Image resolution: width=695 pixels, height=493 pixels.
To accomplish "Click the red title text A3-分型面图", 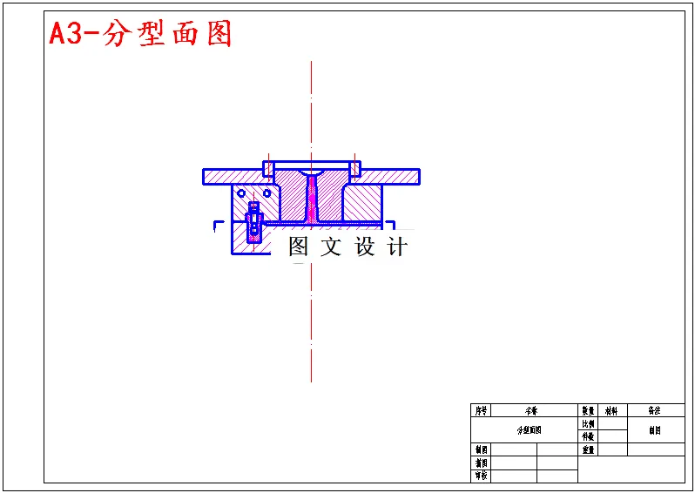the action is (x=140, y=34).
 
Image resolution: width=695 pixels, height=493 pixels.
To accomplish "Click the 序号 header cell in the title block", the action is (x=482, y=410).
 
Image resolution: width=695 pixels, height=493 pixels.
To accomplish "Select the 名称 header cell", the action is (x=530, y=410).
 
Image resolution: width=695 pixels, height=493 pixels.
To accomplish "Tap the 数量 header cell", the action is (x=588, y=410).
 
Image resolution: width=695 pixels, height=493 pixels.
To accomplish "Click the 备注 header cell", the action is (x=654, y=410).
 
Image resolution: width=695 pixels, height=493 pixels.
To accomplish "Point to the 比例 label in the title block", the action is (x=588, y=423).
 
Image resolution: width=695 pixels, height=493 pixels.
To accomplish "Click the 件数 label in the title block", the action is (x=588, y=436).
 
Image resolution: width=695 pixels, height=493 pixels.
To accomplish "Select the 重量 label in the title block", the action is (x=588, y=449).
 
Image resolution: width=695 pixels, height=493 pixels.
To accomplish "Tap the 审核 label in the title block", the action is (x=482, y=476).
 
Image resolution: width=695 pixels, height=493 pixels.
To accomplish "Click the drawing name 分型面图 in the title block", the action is (x=530, y=430).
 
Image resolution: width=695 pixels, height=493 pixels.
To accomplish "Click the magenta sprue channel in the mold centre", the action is (x=311, y=199).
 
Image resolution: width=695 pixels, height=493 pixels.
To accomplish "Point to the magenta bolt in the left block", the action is (x=253, y=222).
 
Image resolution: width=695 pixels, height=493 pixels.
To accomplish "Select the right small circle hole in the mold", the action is (x=267, y=192).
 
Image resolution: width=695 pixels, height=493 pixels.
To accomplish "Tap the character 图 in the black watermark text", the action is (x=299, y=246).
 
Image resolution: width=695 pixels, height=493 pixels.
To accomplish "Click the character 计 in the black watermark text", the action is (x=397, y=246).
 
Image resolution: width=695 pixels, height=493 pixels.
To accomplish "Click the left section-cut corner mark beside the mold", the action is (x=217, y=226).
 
